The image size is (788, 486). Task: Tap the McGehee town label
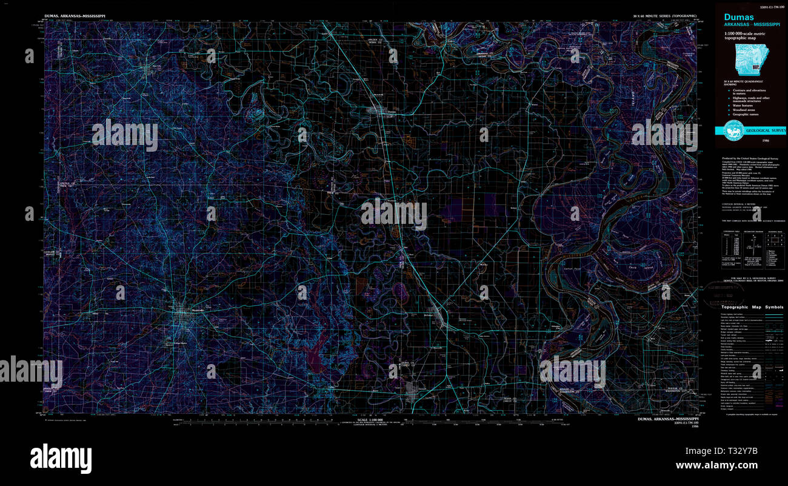coord(429,316)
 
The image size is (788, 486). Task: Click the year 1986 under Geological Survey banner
coord(750,140)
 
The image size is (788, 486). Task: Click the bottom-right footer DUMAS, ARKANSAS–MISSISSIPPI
coord(669,419)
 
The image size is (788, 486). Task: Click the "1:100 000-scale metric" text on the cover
coord(746,35)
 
